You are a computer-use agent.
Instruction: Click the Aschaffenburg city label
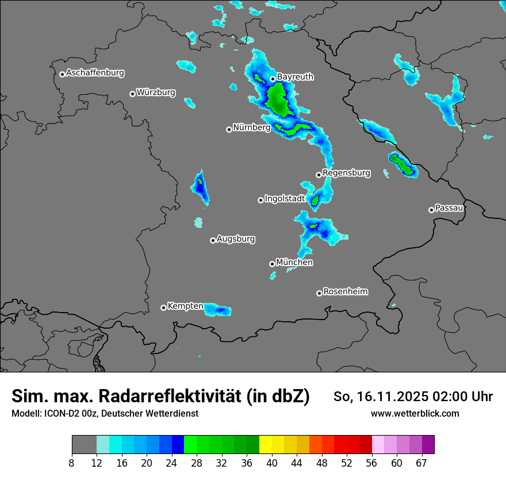click(x=95, y=73)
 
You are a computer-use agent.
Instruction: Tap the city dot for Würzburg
click(x=132, y=94)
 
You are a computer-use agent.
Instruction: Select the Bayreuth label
click(x=295, y=76)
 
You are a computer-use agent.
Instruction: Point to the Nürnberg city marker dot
click(x=229, y=129)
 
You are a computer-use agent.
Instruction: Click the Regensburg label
click(x=346, y=172)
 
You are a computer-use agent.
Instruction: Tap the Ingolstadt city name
click(x=285, y=198)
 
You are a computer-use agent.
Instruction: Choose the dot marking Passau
click(x=431, y=210)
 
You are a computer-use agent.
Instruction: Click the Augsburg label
click(x=236, y=238)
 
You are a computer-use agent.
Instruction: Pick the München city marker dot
click(x=272, y=264)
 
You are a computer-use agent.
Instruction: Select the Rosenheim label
click(x=345, y=291)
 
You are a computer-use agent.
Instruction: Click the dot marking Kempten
click(x=163, y=307)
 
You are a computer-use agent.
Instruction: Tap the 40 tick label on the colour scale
click(x=272, y=463)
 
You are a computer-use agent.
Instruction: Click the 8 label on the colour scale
click(x=72, y=463)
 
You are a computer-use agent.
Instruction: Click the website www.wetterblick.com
click(x=415, y=413)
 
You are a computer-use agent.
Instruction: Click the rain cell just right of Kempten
click(x=218, y=310)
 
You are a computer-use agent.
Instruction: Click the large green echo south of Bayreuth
click(x=278, y=99)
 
